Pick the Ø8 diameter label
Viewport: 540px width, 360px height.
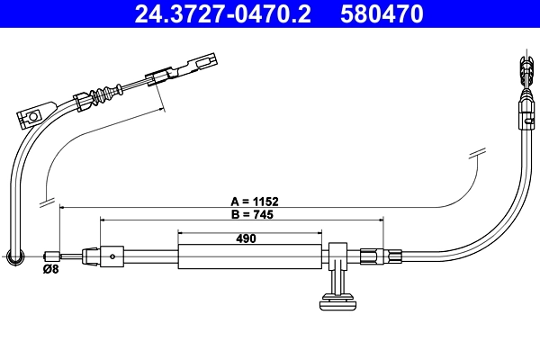pos(52,267)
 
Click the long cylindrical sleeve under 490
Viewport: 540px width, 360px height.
pos(249,256)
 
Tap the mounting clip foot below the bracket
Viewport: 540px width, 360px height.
pos(339,301)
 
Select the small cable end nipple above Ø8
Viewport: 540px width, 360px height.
pos(53,256)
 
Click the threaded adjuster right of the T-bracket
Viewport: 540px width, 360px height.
pos(372,256)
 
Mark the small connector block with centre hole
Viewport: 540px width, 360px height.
pos(112,256)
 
